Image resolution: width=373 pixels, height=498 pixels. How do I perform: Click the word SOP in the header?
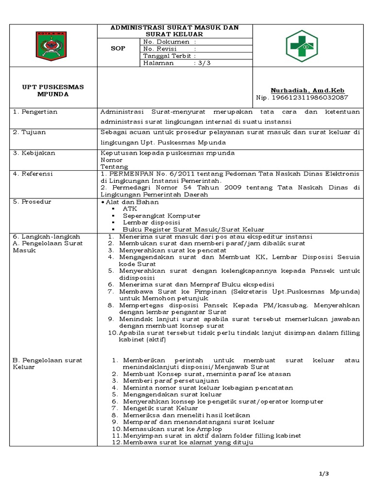(118, 49)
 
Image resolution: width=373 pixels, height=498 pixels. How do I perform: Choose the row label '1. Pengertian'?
(35, 112)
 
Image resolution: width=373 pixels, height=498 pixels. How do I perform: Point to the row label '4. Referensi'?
(33, 174)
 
